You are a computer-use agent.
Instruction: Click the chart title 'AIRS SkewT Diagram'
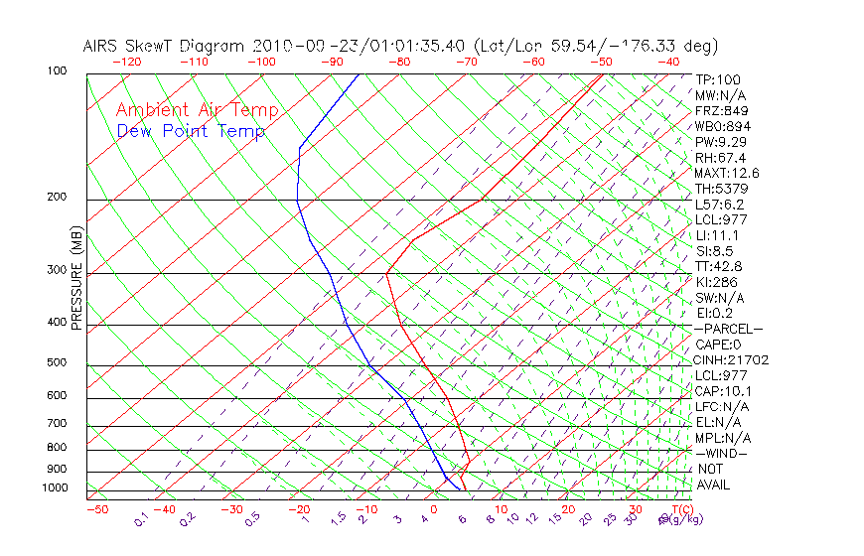click(x=165, y=46)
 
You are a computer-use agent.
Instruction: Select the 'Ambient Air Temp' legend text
click(x=197, y=110)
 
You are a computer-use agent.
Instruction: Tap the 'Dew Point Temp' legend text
click(x=191, y=131)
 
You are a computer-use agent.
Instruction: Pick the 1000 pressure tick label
click(x=56, y=488)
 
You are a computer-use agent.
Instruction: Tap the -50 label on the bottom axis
click(x=96, y=509)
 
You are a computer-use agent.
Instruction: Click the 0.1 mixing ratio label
click(x=141, y=519)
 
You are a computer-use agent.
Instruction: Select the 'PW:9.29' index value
click(x=719, y=142)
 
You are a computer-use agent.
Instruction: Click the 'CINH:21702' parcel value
click(x=732, y=359)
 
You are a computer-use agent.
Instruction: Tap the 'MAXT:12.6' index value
click(x=726, y=173)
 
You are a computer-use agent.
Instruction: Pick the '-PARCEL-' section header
click(x=729, y=329)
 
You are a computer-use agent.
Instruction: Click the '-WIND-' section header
click(x=722, y=453)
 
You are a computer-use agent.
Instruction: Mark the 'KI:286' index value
click(x=715, y=282)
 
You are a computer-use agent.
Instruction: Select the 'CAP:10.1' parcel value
click(x=722, y=390)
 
